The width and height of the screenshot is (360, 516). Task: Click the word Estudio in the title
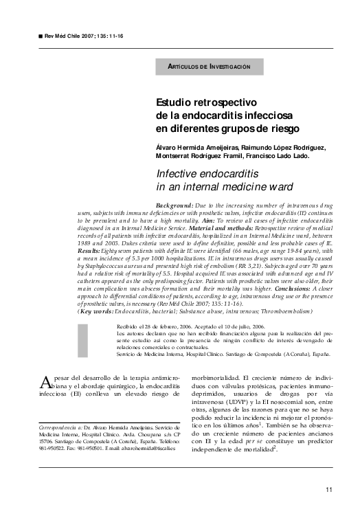pos(176,102)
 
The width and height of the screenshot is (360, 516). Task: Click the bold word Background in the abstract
pos(175,205)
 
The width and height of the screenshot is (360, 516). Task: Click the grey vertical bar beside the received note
pos(83,338)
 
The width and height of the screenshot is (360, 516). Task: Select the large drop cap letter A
pos(46,383)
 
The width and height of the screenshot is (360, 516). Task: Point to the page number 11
pos(329,489)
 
